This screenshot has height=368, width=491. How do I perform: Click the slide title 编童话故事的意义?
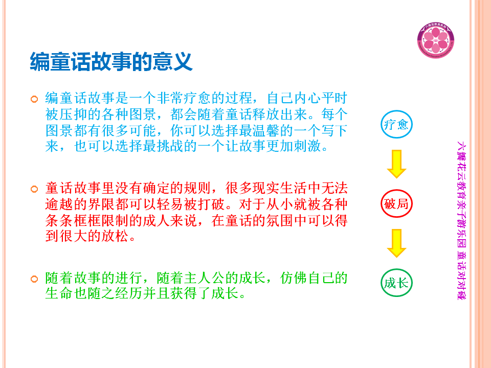111,62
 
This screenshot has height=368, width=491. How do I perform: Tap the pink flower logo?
436,40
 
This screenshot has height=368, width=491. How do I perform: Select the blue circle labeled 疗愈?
396,110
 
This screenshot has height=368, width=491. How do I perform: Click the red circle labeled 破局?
396,190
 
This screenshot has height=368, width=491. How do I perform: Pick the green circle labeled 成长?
396,269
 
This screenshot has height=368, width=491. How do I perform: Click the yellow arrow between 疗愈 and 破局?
396,164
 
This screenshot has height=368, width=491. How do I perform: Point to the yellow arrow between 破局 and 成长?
396,243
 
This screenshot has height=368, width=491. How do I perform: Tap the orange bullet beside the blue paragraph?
34,99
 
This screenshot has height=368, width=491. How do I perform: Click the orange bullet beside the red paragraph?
34,189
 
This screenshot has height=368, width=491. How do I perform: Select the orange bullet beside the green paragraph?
34,279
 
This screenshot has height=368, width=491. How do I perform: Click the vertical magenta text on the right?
461,220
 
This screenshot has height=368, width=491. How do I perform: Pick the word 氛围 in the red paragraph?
280,220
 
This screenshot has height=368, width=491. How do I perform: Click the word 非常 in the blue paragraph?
170,98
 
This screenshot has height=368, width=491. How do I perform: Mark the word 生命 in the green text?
59,293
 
